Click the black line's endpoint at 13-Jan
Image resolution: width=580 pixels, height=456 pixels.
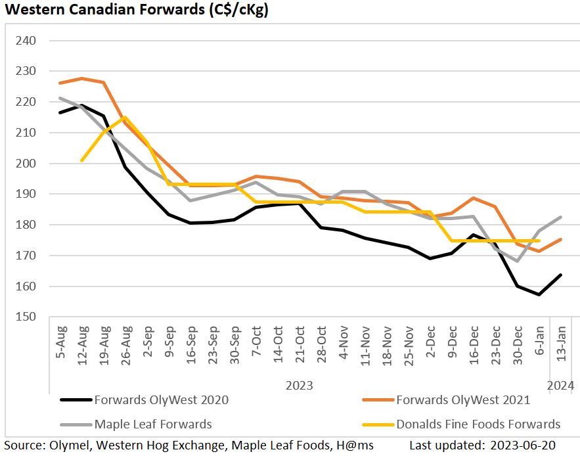pos(560,275)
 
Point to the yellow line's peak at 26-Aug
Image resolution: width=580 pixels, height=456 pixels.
pos(125,118)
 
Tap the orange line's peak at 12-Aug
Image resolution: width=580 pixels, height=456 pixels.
pos(81,78)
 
